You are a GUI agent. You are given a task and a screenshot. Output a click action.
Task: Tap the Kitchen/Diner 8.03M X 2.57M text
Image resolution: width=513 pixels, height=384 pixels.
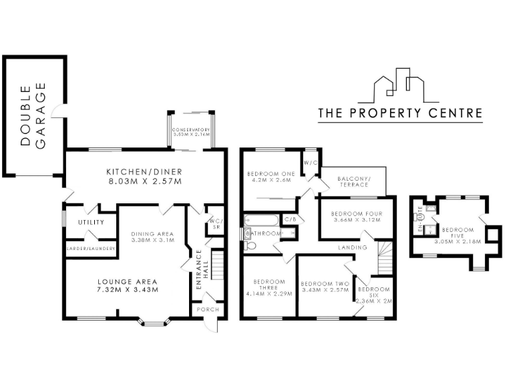(144, 176)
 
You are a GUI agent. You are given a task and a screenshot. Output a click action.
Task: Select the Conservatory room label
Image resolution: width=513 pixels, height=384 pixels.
(191, 132)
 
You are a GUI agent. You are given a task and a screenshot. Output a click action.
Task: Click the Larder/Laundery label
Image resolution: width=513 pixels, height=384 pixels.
(91, 249)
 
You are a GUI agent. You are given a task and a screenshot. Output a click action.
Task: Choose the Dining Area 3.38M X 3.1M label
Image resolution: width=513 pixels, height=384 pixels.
(152, 237)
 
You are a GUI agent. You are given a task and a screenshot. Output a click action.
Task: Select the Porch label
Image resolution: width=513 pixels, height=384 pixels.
(204, 310)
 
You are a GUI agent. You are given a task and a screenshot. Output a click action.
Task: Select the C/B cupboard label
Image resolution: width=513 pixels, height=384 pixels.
(291, 219)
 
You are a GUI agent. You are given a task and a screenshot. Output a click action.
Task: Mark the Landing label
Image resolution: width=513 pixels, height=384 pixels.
(347, 247)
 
